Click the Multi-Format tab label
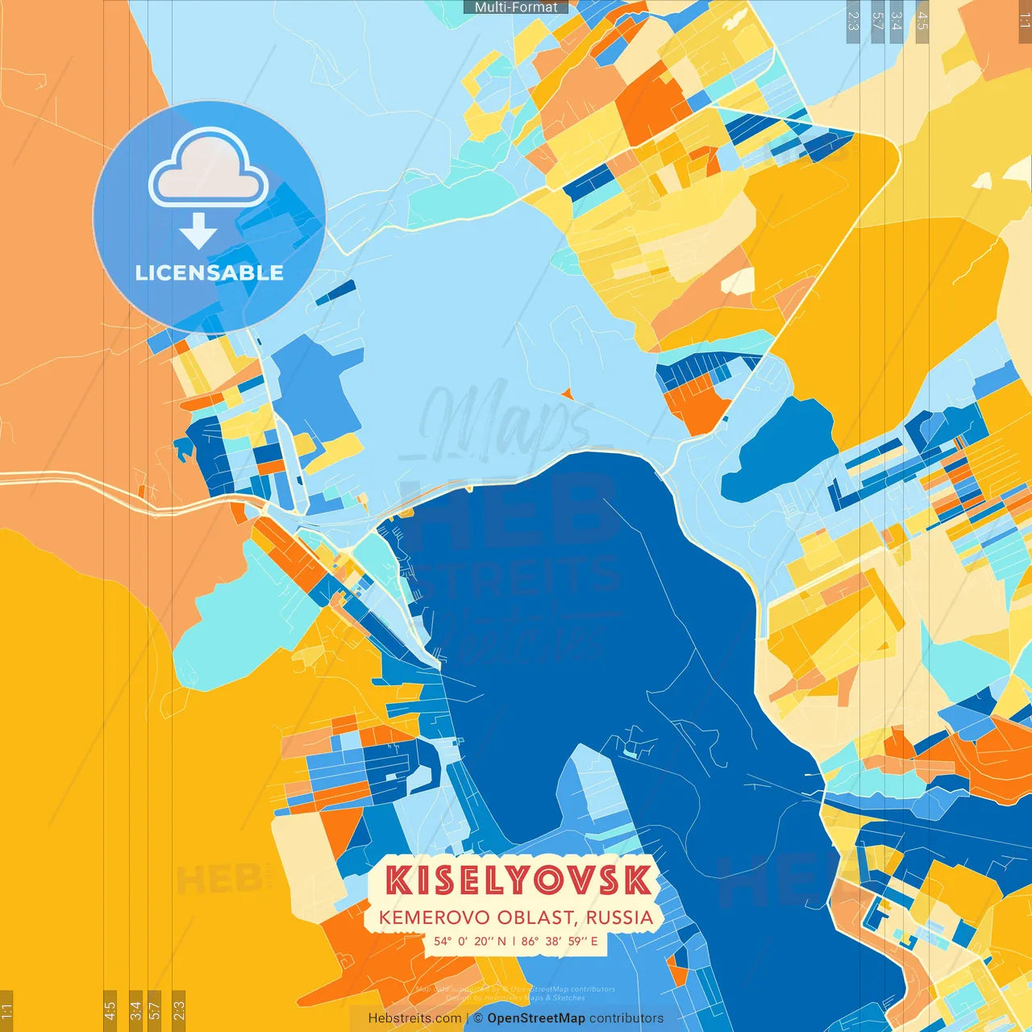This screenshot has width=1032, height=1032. [x=516, y=7]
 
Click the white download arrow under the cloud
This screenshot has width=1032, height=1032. [x=198, y=232]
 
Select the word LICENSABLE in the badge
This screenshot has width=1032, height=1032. [x=209, y=273]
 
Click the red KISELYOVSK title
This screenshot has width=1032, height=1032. [x=517, y=880]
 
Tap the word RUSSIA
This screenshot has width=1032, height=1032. [x=619, y=918]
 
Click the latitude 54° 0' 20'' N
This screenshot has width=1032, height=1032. [x=470, y=941]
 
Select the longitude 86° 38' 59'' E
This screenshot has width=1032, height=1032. [x=560, y=941]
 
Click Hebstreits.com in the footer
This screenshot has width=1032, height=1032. [x=414, y=1018]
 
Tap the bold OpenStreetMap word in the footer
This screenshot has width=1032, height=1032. [x=536, y=1018]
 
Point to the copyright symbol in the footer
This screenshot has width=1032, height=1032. [x=478, y=1018]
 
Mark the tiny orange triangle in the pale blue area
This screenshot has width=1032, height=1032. [x=568, y=394]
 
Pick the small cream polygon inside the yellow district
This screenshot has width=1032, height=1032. [x=737, y=281]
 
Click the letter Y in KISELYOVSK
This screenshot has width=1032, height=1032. [x=519, y=880]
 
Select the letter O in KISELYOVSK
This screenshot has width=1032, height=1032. [x=550, y=880]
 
